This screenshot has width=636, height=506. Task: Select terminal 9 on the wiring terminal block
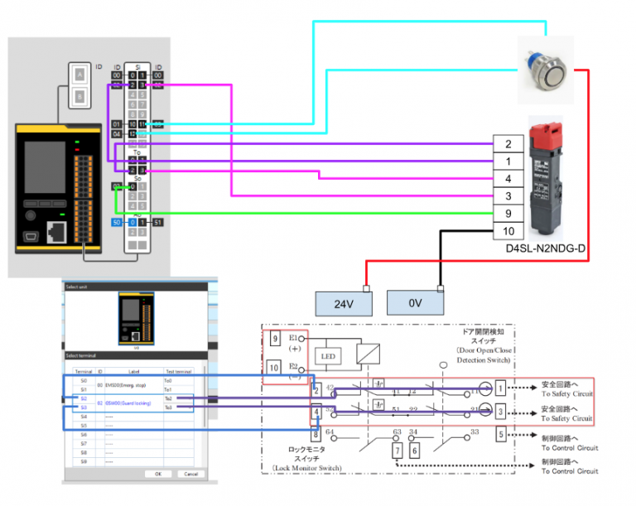pos(507,213)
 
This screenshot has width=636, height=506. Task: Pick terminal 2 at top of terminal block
pos(507,143)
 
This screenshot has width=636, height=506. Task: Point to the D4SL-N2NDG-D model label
pos(545,248)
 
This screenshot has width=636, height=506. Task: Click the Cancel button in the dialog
pos(191,474)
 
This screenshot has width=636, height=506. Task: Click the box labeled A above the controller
pos(79,74)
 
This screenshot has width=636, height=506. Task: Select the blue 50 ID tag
pos(117,222)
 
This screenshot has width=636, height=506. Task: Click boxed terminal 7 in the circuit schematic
pos(397,450)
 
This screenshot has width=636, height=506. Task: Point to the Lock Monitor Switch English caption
pos(308,468)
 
